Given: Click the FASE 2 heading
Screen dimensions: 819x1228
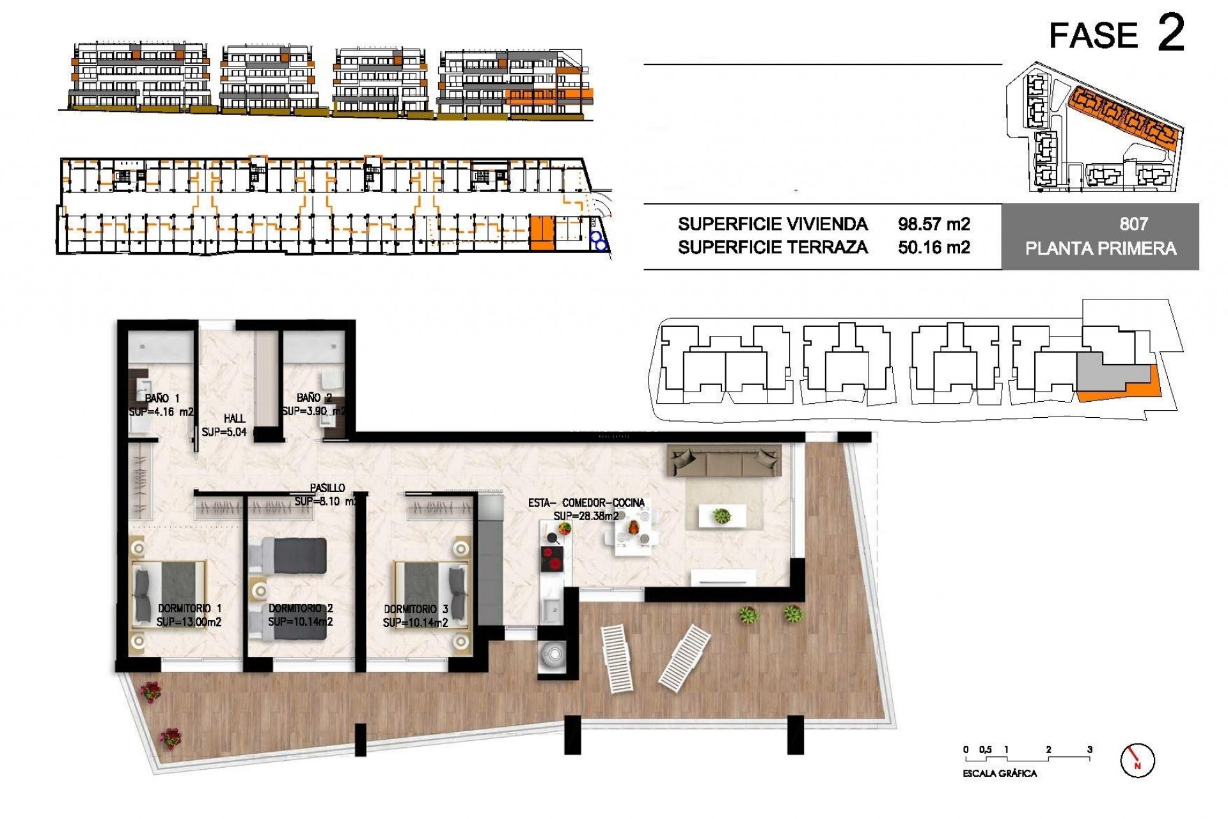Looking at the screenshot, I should pos(1116,35).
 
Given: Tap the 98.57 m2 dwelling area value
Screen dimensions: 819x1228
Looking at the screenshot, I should pos(933,224).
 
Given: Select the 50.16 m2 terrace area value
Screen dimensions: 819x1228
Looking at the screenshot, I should pos(933,247).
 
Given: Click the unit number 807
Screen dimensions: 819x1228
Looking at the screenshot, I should pos(1133,224).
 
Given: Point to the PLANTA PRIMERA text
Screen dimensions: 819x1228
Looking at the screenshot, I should pos(1100,248).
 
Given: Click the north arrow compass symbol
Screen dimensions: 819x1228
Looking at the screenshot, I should pos(1137,760).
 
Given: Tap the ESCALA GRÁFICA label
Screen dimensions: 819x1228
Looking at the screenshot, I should pos(1000,774).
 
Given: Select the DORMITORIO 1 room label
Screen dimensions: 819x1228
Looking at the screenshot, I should pos(189,608).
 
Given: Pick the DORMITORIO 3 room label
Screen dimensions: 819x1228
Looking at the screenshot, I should pos(415,609).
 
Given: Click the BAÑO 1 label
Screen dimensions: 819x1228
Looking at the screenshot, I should pos(161,398).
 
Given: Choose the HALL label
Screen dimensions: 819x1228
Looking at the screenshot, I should pos(234,418).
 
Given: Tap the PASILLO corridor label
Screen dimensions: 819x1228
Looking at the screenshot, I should pos(327,488).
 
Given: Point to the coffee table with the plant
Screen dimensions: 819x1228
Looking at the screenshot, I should pos(721,516).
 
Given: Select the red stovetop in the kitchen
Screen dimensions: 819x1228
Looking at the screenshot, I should pos(551,559).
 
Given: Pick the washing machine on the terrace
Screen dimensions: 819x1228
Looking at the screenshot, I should pos(551,655).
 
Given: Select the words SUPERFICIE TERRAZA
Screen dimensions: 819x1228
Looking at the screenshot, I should pos(772,247).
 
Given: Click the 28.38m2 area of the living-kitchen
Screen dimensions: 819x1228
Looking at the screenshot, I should pos(586,516).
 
